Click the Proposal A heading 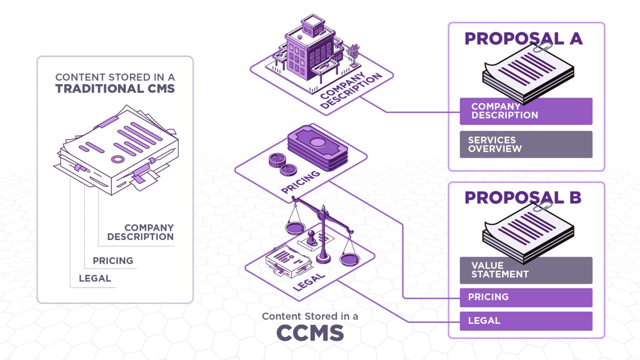pyautogui.click(x=523, y=39)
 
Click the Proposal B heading pyautogui.click(x=522, y=197)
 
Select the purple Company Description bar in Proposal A pyautogui.click(x=526, y=111)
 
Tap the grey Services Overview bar pyautogui.click(x=526, y=145)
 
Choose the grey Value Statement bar pyautogui.click(x=526, y=270)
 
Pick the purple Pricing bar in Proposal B pyautogui.click(x=526, y=297)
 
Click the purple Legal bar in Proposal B pyautogui.click(x=526, y=321)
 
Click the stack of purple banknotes pyautogui.click(x=317, y=148)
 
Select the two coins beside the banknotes pyautogui.click(x=282, y=164)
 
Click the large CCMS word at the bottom pyautogui.click(x=310, y=333)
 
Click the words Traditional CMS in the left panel pyautogui.click(x=115, y=89)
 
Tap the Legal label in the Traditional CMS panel pyautogui.click(x=95, y=278)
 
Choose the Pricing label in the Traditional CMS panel pyautogui.click(x=113, y=261)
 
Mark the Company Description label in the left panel pyautogui.click(x=140, y=232)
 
